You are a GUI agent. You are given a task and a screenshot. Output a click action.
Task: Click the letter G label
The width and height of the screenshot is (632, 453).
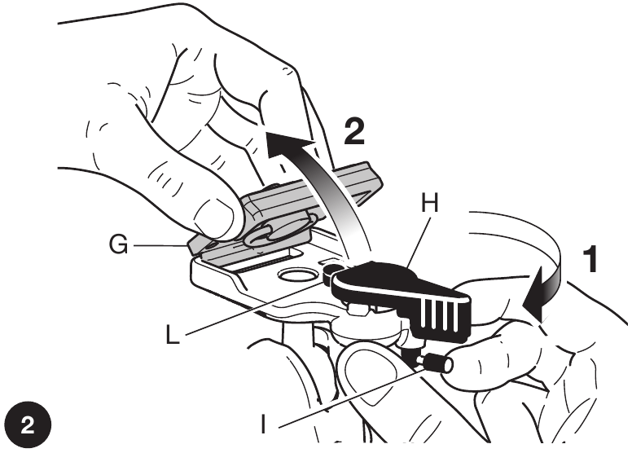(119, 244)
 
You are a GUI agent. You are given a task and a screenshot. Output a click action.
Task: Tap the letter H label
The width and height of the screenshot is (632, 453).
(430, 203)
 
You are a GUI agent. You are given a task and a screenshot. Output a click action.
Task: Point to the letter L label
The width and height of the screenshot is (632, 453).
(173, 335)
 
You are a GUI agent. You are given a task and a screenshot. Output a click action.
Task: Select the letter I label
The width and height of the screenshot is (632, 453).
(263, 424)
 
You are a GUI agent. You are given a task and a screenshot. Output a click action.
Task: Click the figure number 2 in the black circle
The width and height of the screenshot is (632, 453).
(29, 424)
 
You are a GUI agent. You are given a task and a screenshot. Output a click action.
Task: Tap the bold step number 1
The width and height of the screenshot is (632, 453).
(590, 260)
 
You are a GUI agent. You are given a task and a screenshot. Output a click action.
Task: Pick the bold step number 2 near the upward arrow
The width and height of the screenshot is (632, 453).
(354, 131)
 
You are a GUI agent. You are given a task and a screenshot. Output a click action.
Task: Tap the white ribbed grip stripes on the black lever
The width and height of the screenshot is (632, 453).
(441, 314)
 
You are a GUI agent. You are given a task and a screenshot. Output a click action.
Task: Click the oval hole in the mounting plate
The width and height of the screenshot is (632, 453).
(296, 275)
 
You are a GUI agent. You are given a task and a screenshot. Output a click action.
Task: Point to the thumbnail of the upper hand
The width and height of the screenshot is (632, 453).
(213, 218)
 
